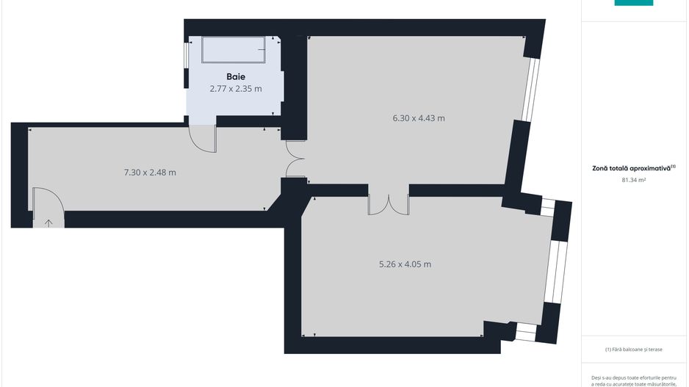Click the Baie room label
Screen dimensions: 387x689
235,76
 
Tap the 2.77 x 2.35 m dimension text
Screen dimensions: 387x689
235,88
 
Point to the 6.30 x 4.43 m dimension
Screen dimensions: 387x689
418,117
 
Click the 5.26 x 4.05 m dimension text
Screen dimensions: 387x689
400,264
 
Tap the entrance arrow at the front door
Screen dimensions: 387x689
49,222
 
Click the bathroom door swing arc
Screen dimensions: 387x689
201,138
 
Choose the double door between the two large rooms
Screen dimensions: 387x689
388,203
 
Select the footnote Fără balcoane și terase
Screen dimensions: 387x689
634,350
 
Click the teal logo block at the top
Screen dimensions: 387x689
633,3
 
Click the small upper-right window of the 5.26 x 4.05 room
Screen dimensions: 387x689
548,207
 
